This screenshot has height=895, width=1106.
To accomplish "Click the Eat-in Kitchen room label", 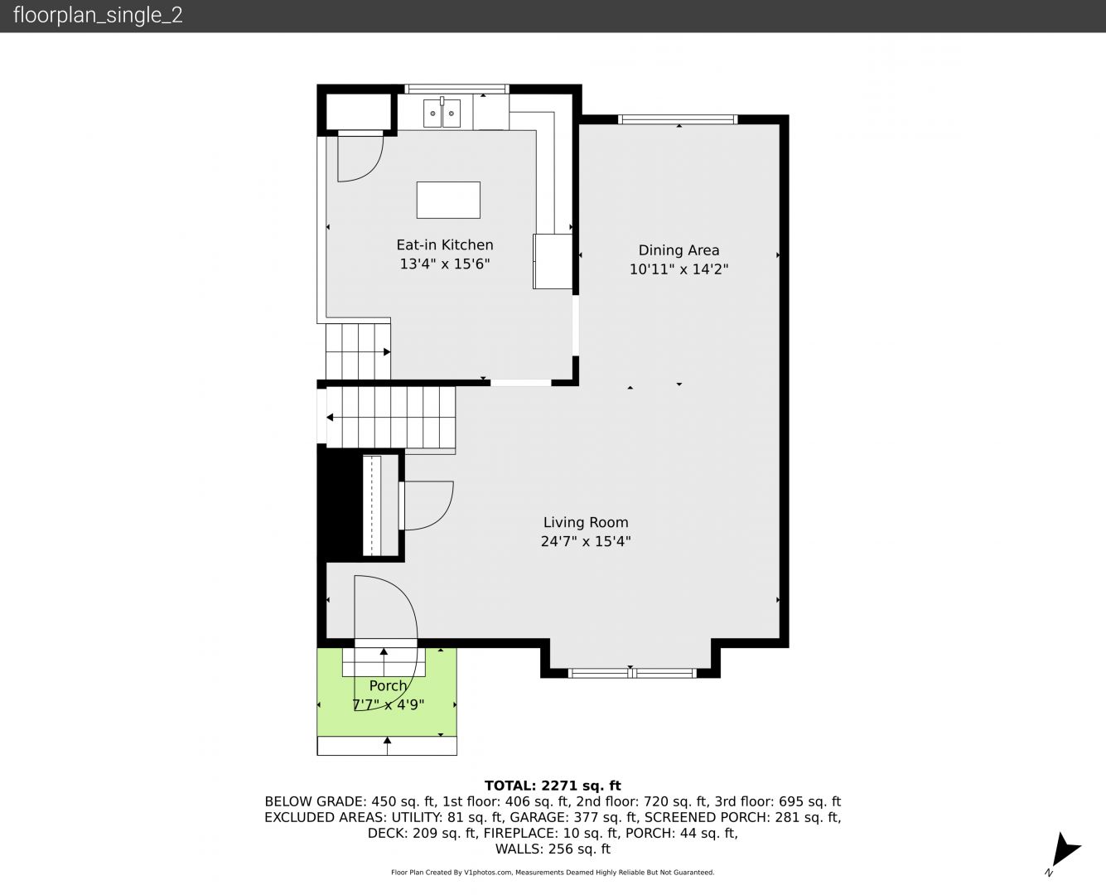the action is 445,244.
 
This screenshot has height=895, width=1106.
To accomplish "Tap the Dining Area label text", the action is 679,250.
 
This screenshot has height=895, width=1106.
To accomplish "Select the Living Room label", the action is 586,522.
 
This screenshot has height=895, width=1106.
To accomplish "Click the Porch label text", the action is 388,685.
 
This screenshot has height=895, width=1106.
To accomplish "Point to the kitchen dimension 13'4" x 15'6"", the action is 445,264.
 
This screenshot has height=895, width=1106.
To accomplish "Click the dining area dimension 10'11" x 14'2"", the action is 679,269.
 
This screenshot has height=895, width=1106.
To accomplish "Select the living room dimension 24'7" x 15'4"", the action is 586,541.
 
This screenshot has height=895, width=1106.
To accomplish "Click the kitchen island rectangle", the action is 448,200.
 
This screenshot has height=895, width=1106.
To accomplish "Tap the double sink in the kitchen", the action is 442,113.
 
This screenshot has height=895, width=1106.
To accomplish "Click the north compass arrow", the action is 1065,850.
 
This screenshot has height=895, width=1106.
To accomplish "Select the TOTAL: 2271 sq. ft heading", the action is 553,786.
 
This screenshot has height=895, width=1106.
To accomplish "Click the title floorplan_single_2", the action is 98,16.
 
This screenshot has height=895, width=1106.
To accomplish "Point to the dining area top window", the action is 677,119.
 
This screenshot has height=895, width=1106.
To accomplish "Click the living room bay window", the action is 631,673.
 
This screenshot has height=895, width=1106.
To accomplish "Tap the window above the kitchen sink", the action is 456,89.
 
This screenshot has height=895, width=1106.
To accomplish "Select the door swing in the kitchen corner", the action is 360,157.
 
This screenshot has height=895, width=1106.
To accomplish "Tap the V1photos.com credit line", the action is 553,872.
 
